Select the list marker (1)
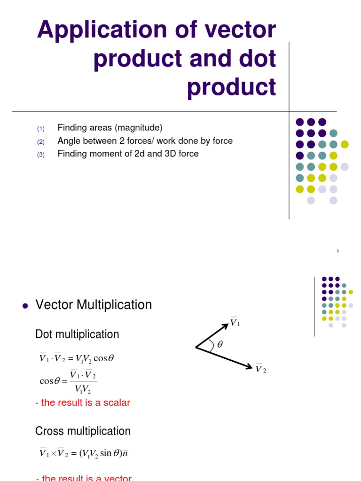click(40, 129)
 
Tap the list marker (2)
click(40, 142)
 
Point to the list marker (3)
click(40, 155)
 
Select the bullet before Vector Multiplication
click(26, 306)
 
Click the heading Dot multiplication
click(77, 334)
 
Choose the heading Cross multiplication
click(83, 431)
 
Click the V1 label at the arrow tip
click(235, 322)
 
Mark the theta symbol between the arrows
click(220, 344)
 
